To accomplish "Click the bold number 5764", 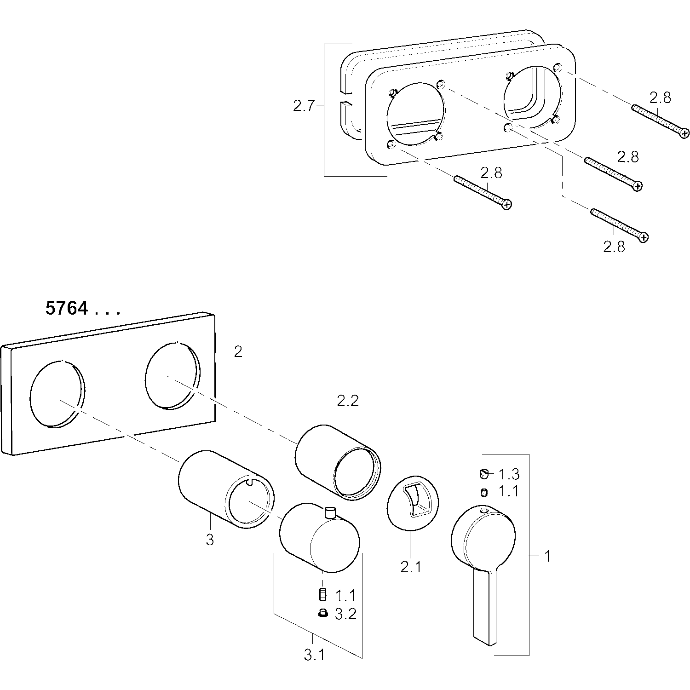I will pos(67,308).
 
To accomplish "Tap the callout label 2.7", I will pos(304,106).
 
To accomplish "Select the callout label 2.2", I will pos(347,402).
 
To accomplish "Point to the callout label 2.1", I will pos(410,567).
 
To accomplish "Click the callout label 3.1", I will pos(314,655).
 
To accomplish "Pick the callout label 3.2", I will pos(345,614).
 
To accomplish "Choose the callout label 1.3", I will pos(508,473).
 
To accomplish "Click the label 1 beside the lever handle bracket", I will pos(547,557).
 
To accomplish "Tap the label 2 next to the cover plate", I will pos(238,352).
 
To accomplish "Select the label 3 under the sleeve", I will pos(210,540).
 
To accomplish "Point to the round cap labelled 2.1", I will pos(413,504).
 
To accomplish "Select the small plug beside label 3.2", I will pos(322,613).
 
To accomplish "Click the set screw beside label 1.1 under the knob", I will pos(322,595).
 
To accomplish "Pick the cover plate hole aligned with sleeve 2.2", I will pos(172,375).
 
